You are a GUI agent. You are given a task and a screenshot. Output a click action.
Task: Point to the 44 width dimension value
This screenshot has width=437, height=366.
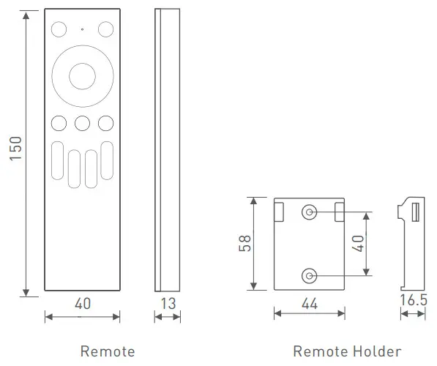310,304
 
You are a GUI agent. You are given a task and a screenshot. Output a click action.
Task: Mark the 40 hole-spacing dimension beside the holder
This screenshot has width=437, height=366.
359,243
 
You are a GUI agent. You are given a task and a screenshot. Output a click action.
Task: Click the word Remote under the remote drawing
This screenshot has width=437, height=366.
107,351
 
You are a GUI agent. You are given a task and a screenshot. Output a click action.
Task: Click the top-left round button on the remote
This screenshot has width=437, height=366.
59,29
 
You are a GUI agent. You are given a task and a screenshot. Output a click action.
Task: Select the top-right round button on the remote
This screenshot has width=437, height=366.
106,29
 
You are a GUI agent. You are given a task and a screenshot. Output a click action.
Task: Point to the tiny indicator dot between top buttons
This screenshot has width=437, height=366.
82,30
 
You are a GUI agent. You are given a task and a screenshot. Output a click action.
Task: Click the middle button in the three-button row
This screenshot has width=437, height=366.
82,123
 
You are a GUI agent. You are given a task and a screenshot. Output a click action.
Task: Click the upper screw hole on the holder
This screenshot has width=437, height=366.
309,212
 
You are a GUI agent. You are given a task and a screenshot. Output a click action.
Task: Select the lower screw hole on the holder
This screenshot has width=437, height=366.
309,275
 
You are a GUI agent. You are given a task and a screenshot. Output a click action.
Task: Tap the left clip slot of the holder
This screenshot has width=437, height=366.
280,211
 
